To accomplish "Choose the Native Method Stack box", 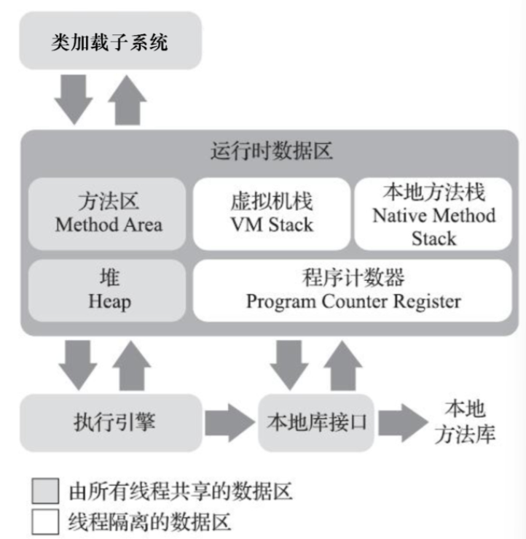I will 433,214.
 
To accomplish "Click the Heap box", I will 109,290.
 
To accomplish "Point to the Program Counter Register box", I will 353,290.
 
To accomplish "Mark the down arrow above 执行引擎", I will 74,362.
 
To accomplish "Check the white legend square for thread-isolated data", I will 45,521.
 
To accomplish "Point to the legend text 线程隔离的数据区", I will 149,521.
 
